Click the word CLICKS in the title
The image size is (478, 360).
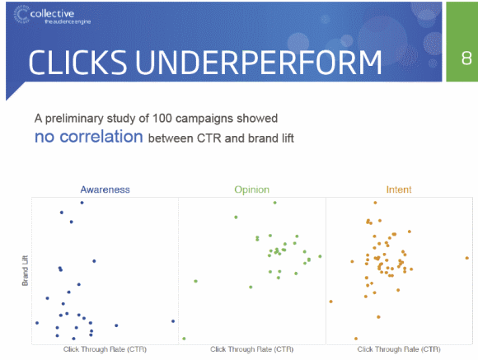pos(77,63)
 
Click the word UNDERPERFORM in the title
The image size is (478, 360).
pos(258,63)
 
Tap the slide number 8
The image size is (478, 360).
pos(466,58)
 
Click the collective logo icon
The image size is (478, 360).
pos(21,14)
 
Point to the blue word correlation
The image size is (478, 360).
pos(101,137)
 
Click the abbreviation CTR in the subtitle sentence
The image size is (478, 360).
pos(209,138)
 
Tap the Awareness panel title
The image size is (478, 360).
pos(105,189)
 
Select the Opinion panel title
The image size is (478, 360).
pos(252,189)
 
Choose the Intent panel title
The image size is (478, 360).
pos(399,189)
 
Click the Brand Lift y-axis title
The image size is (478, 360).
pos(25,271)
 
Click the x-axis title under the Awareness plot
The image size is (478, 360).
pos(105,349)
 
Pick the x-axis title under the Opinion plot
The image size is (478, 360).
pos(252,349)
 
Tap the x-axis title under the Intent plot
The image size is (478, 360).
pos(399,349)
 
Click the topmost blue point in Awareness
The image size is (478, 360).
pos(82,203)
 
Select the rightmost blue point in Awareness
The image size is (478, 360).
pos(173,321)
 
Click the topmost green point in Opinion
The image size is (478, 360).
pos(274,203)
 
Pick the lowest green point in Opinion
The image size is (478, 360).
pos(184,339)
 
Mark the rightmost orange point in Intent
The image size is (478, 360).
pos(466,258)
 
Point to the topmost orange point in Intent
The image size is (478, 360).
pos(375,203)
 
